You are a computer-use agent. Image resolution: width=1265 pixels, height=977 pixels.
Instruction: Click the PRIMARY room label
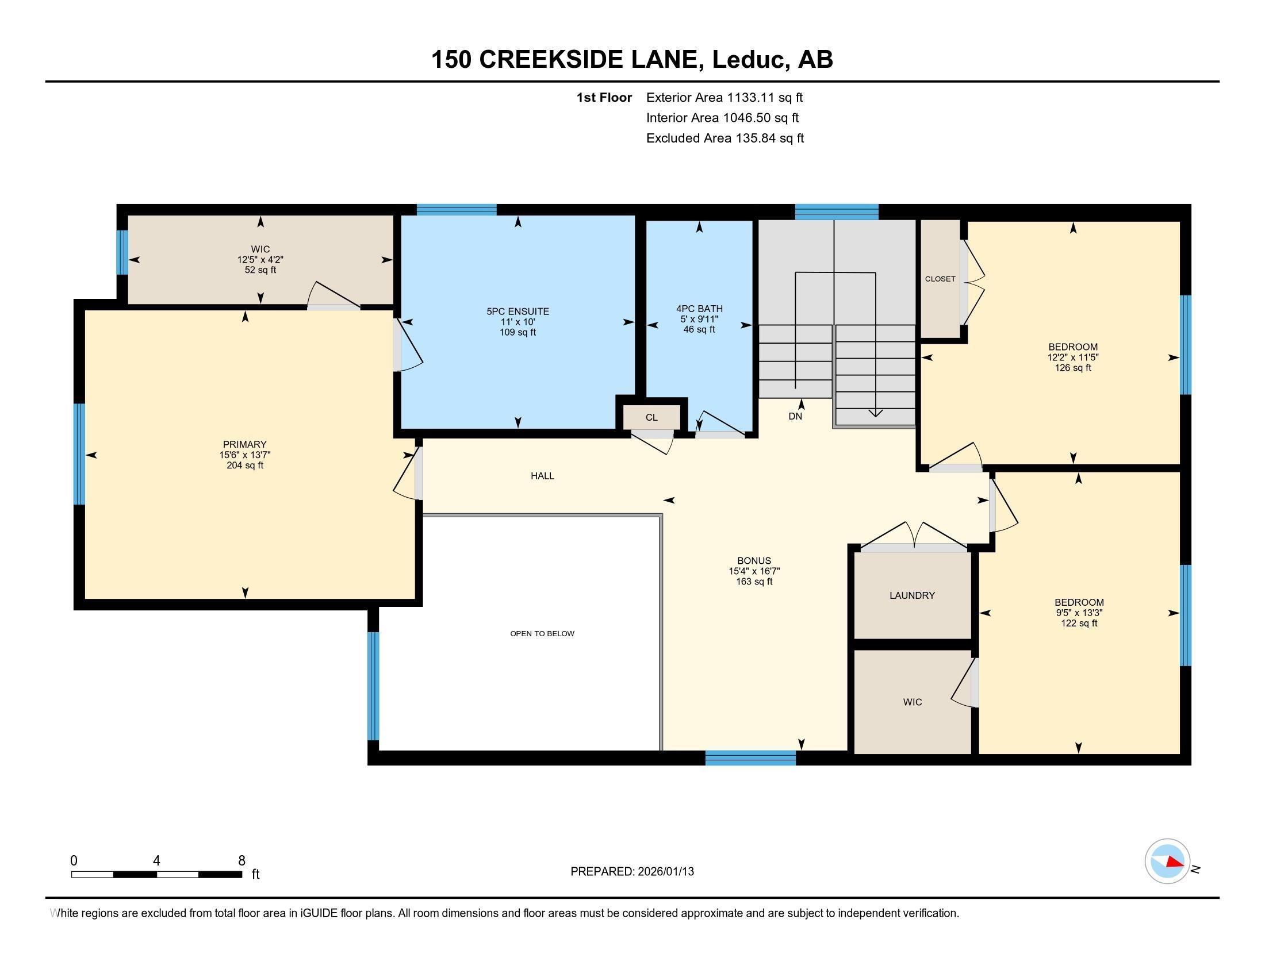point(244,444)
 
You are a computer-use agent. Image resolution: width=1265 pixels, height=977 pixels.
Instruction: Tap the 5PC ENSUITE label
point(517,311)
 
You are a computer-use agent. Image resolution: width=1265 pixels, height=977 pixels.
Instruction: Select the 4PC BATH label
point(699,309)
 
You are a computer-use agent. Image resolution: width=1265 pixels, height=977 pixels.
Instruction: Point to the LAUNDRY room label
point(912,595)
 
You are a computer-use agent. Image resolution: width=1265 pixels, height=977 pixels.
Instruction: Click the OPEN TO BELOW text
point(542,634)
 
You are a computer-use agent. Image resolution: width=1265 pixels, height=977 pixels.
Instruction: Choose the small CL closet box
point(651,417)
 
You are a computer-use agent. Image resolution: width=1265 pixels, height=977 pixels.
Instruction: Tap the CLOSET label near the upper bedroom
point(940,279)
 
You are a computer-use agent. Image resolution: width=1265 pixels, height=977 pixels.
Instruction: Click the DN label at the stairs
point(795,416)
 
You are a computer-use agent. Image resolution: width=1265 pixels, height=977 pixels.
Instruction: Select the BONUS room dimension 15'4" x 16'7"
point(754,571)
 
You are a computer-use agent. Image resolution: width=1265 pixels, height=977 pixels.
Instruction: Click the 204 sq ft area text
point(244,466)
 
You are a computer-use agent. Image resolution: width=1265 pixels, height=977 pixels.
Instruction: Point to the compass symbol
point(1167,861)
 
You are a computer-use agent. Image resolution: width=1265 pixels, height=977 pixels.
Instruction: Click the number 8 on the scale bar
point(241,861)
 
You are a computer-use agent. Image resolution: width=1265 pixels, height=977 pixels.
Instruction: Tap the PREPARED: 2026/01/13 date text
point(632,872)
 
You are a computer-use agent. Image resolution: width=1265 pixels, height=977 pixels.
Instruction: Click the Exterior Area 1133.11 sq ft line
point(724,98)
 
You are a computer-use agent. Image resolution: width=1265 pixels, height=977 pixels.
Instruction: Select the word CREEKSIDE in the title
point(591,60)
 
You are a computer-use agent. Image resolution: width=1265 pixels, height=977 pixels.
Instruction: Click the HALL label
point(542,476)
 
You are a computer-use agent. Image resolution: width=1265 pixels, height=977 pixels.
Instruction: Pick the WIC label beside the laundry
point(913,702)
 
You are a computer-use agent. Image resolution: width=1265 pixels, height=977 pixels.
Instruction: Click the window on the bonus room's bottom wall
point(750,758)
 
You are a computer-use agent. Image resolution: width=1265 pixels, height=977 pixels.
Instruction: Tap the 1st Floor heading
point(604,98)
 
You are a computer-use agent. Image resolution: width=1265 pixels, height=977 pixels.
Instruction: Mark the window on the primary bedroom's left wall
point(79,455)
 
